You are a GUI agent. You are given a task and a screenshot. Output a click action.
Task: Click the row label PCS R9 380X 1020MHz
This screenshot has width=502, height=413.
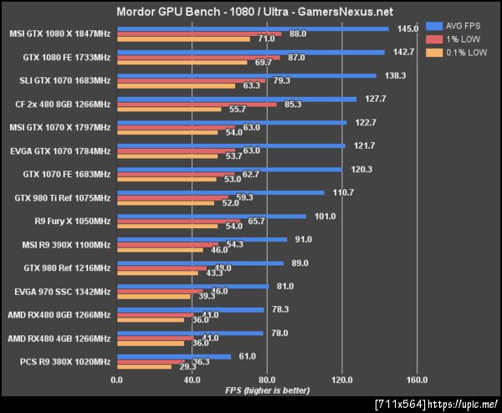pos(63,361)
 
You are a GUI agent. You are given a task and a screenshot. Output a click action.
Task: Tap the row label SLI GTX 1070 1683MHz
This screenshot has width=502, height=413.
pos(61,80)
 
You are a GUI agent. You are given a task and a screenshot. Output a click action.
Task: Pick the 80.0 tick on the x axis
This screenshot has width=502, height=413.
pos(267,380)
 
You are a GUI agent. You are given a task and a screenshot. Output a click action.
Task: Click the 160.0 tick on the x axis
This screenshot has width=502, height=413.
pos(416,380)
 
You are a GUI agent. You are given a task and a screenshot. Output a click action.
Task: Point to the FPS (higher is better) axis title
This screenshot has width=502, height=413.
pos(266,390)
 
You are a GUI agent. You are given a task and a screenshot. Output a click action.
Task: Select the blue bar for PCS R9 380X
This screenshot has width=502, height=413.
pos(174,356)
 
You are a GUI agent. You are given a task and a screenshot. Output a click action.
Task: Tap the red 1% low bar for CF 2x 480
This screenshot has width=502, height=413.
pos(197,104)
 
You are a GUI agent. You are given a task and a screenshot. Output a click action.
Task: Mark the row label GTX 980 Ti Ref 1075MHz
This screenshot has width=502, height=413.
pos(63,197)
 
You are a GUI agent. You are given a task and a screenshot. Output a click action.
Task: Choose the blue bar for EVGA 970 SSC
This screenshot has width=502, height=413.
pos(192,286)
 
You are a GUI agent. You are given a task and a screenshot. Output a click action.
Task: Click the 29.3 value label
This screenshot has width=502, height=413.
pos(184,366)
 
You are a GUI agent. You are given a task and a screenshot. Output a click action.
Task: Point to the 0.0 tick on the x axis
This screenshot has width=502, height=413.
pos(117,380)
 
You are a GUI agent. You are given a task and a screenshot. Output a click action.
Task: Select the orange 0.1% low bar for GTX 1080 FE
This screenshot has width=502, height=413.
pos(182,62)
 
